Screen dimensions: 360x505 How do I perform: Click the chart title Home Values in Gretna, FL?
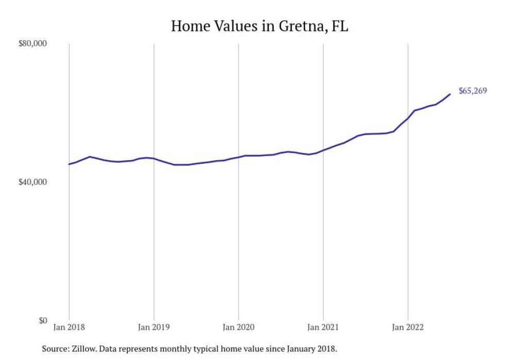point(259,26)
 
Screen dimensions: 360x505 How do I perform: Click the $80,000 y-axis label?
point(32,44)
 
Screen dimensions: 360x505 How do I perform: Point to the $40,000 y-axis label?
point(32,182)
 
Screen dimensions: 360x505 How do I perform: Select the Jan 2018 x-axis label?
point(69,327)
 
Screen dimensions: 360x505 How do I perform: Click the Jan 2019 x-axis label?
point(154,327)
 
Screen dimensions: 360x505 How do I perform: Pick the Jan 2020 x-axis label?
point(238,327)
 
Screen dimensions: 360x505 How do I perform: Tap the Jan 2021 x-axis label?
point(323,327)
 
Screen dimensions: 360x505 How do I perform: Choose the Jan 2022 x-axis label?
point(408,327)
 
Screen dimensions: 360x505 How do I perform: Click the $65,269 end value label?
point(473,91)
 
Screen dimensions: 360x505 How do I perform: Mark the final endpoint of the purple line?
point(450,94)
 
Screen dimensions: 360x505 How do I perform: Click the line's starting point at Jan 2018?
point(69,164)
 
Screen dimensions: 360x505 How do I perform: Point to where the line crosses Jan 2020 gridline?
point(238,157)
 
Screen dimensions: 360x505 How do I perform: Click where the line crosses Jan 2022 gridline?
point(408,118)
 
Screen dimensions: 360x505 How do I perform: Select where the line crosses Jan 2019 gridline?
point(154,159)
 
